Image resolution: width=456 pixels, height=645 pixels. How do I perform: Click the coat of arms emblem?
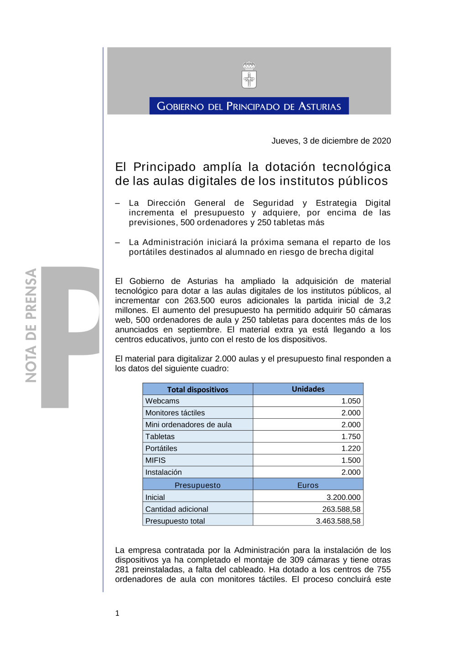(249, 75)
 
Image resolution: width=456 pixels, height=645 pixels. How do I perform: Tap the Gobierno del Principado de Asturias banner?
(249, 106)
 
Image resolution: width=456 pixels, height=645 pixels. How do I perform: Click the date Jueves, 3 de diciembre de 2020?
(331, 141)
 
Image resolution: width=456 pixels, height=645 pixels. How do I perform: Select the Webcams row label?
(162, 401)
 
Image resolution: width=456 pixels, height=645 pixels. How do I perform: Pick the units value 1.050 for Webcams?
(351, 401)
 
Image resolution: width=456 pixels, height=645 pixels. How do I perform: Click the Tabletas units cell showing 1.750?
(351, 437)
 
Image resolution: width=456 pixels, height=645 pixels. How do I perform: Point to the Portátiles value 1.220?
(351, 448)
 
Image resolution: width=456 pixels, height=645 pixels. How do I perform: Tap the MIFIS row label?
(155, 460)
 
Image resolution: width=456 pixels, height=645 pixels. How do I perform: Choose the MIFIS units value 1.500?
(351, 460)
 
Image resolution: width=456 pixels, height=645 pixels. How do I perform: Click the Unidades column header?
(308, 389)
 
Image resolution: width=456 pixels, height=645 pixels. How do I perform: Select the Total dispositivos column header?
(197, 390)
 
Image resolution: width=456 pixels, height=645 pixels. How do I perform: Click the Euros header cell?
(308, 485)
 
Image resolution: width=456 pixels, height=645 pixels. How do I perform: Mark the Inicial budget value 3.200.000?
(343, 497)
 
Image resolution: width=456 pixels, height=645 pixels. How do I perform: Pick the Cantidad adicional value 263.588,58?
(341, 509)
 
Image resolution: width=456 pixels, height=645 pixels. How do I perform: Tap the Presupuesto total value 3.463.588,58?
(338, 521)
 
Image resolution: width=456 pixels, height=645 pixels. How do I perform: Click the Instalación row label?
(163, 472)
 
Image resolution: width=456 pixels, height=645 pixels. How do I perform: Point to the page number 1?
(117, 613)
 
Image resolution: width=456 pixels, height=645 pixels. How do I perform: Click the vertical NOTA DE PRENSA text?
(31, 325)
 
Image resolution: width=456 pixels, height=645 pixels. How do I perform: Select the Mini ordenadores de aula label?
(188, 425)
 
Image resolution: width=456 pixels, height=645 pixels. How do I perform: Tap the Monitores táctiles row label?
(175, 413)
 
